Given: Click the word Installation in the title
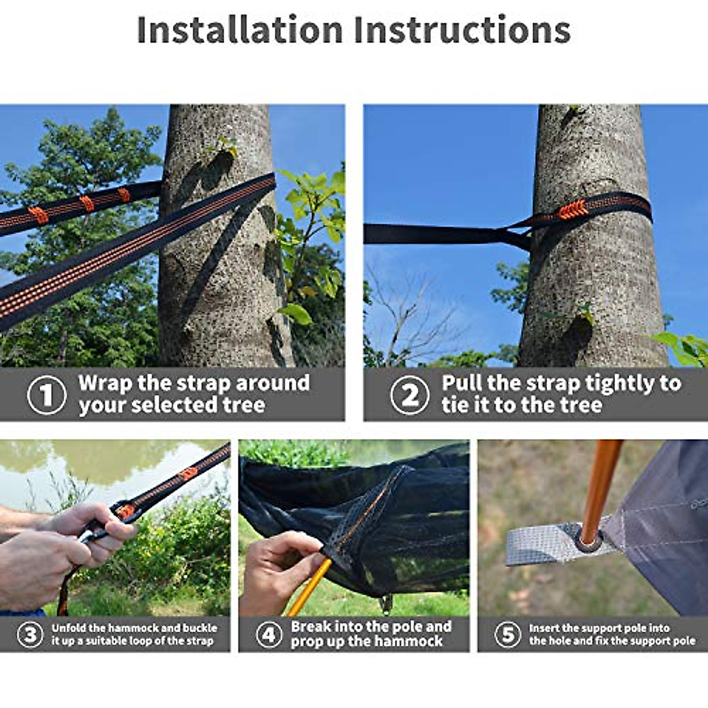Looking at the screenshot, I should (x=240, y=30).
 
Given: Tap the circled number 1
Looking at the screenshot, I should (x=46, y=395).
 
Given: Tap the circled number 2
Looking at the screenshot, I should (x=409, y=395).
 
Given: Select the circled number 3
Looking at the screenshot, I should (x=30, y=635).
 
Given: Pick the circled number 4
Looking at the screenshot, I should (x=269, y=635).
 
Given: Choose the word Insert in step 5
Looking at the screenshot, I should (x=545, y=628).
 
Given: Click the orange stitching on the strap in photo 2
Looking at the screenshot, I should (x=573, y=209).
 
